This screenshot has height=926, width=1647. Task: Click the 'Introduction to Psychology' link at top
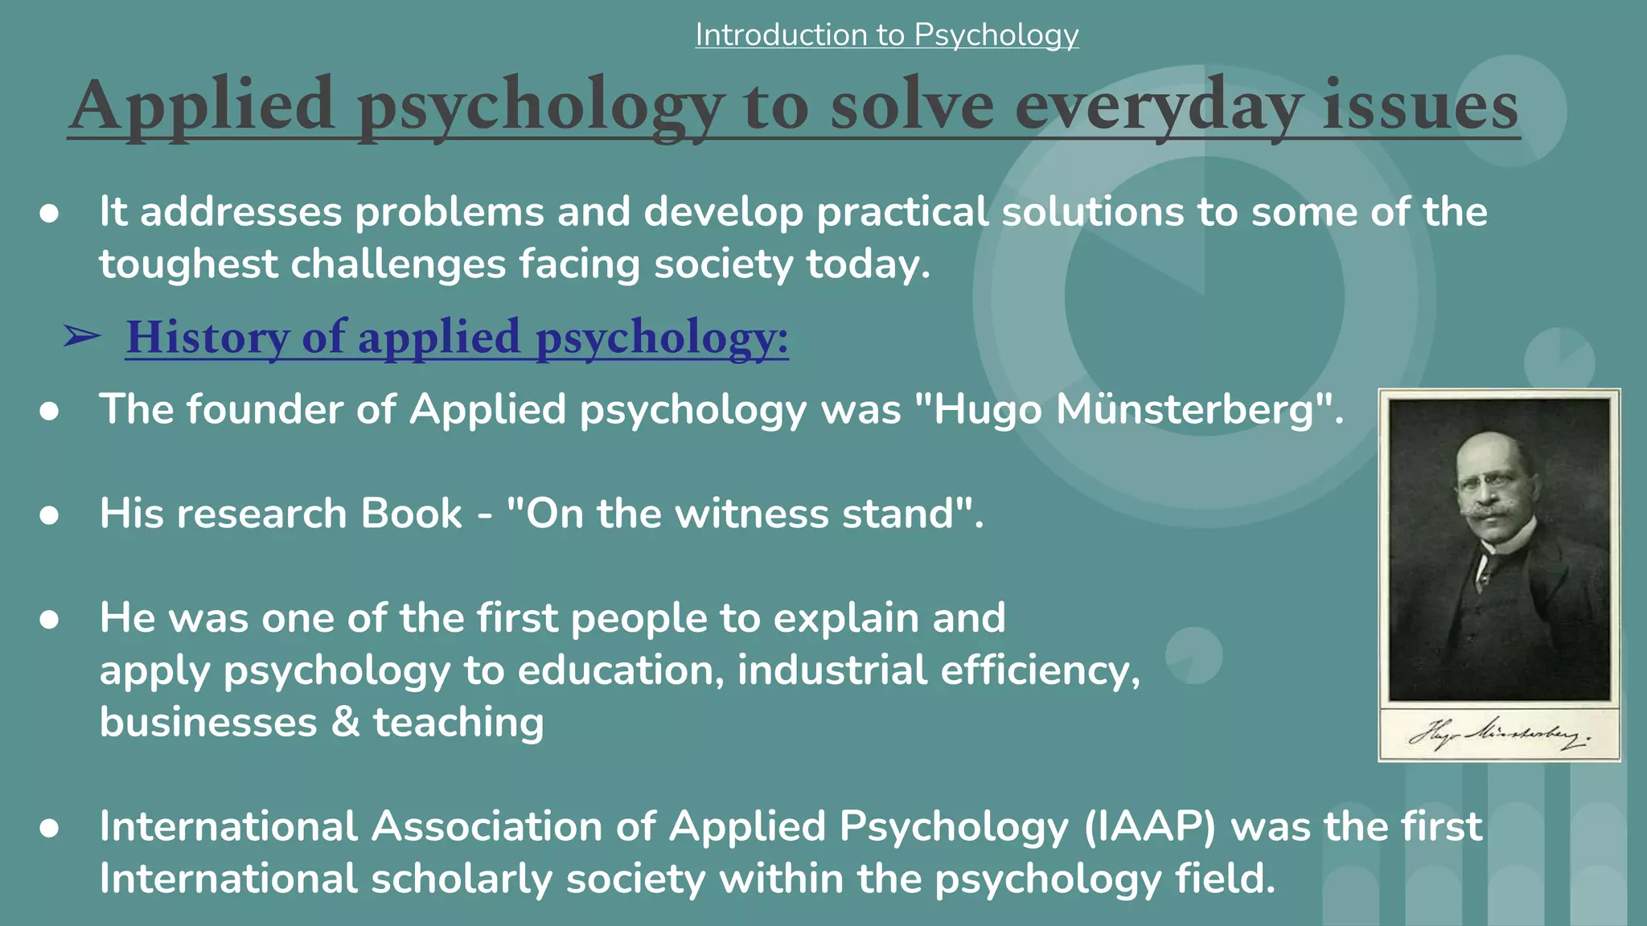click(x=886, y=35)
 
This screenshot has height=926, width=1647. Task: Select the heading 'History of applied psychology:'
click(x=457, y=337)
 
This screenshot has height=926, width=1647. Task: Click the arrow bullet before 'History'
click(x=81, y=337)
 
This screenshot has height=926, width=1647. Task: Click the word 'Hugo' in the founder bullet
click(x=987, y=411)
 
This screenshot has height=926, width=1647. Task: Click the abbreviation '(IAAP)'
click(x=1150, y=827)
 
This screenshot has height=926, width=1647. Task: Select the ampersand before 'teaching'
click(x=345, y=722)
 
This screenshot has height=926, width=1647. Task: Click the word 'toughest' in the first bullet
click(x=188, y=264)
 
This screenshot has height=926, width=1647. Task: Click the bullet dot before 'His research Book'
click(x=49, y=515)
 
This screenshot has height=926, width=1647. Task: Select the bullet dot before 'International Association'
click(x=49, y=828)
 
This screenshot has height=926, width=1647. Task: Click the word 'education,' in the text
click(x=621, y=670)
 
